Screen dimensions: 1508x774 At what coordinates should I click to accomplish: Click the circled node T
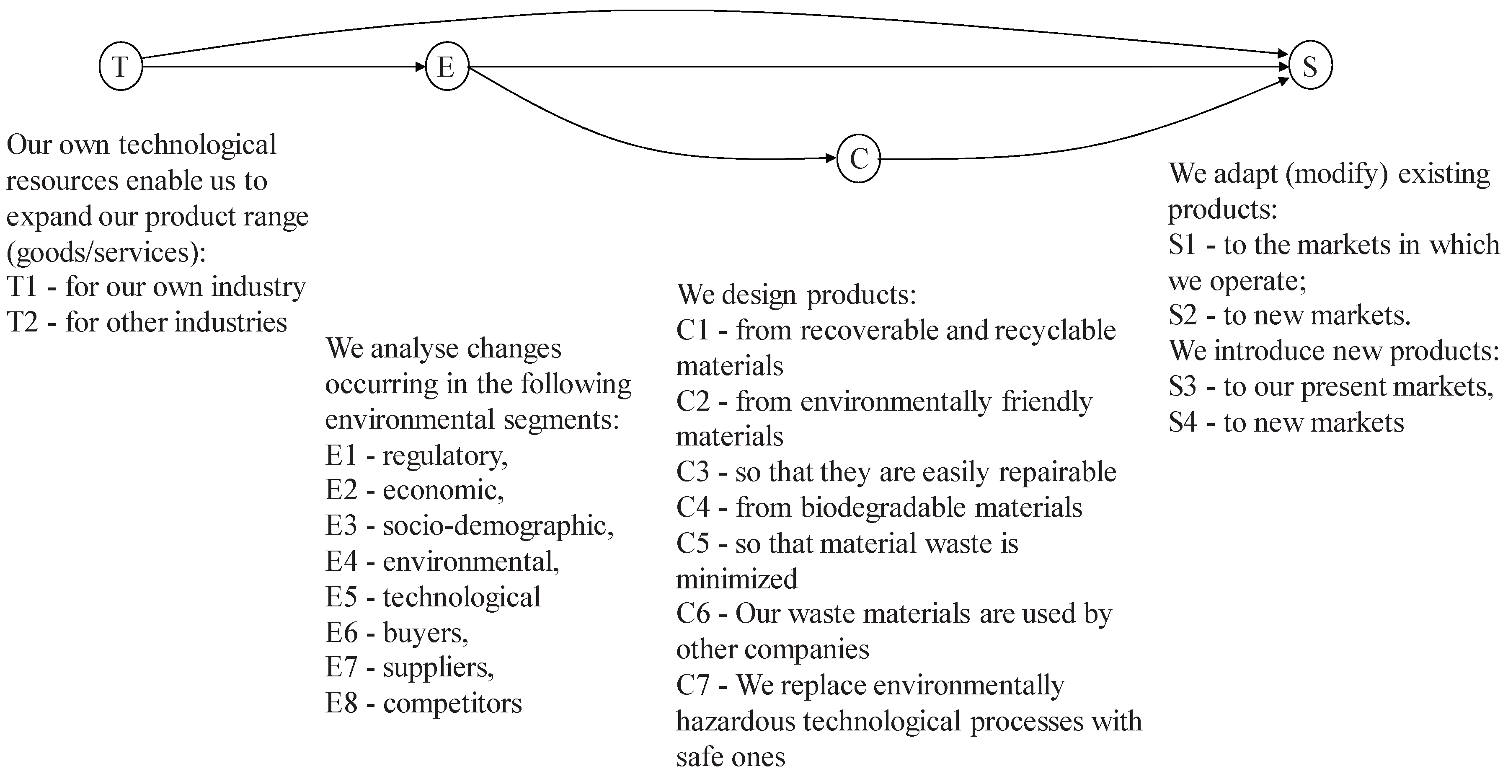[x=121, y=67]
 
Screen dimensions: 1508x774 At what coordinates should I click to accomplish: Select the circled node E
[x=447, y=67]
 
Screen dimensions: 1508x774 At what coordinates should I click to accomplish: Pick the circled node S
[x=1310, y=65]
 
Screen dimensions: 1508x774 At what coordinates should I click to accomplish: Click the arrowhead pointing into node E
[x=420, y=67]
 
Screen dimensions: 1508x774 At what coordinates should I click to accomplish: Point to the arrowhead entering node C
[x=831, y=158]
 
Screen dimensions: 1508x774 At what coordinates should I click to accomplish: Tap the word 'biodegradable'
[x=883, y=507]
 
